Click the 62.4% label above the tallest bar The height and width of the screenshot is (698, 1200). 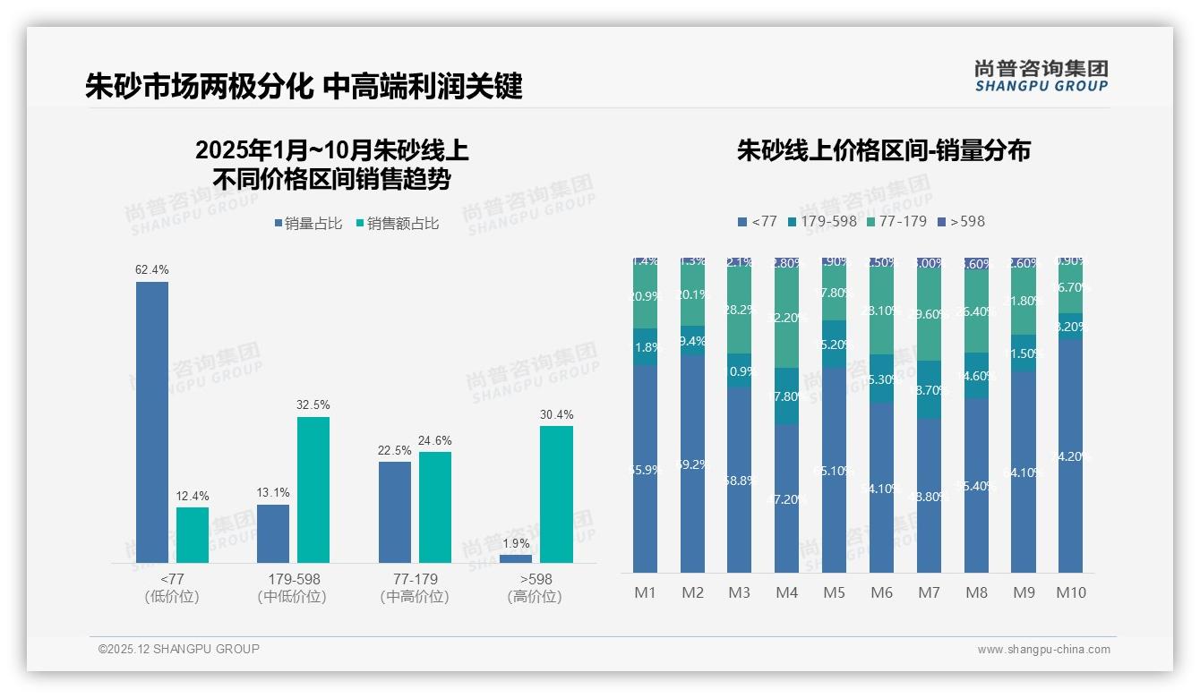click(151, 269)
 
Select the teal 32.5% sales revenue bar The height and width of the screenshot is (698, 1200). click(313, 489)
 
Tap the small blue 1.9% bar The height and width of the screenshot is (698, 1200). click(516, 558)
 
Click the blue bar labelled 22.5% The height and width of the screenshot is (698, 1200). click(395, 512)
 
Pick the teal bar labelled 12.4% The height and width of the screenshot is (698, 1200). click(193, 535)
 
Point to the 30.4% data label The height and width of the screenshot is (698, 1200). click(556, 414)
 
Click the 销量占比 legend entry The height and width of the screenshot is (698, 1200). click(308, 224)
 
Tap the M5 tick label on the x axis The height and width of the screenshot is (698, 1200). click(834, 592)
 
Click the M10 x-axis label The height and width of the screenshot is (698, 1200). click(1070, 592)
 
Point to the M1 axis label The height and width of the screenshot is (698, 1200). click(645, 592)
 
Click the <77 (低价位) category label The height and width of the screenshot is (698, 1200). click(172, 588)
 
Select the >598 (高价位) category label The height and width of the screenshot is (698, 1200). click(536, 588)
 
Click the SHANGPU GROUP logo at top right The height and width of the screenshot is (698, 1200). click(1041, 76)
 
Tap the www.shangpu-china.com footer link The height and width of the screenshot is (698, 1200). click(1043, 650)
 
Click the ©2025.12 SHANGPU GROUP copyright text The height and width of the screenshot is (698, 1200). click(179, 649)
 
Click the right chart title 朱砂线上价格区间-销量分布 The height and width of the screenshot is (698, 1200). click(883, 150)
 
